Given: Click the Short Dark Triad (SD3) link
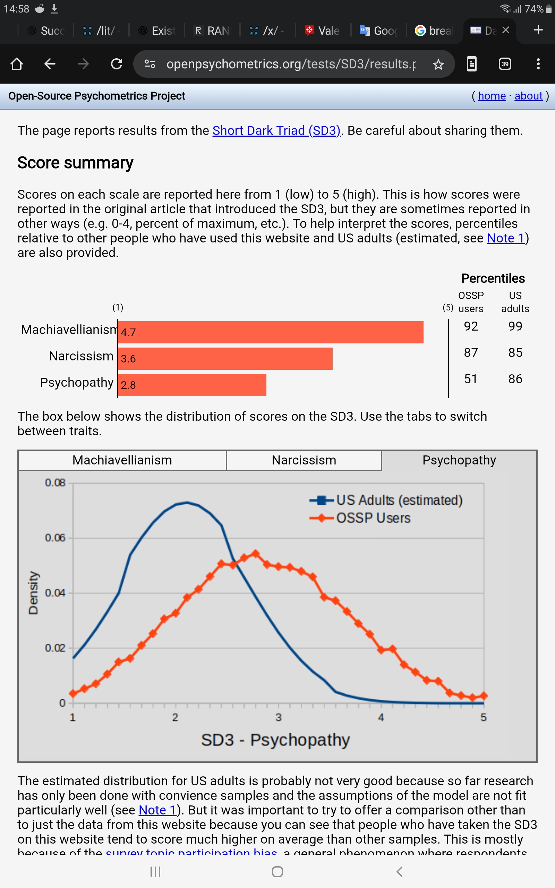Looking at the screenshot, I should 276,131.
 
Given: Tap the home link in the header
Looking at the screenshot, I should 492,96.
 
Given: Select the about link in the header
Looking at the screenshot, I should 528,96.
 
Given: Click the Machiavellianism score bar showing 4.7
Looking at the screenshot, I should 271,332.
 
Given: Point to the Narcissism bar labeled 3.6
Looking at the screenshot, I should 225,359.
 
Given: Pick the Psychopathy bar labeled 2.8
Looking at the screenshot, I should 192,385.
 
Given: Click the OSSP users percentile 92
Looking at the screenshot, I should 471,326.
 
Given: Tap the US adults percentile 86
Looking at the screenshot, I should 515,379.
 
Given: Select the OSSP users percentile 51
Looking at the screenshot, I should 471,379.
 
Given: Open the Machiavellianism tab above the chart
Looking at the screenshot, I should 122,460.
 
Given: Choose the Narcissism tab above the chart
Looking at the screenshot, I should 304,460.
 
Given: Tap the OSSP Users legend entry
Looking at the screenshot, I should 373,518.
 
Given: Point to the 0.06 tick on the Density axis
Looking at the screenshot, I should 55,538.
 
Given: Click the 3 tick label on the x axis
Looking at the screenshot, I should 279,717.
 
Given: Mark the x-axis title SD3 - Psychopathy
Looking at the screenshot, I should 275,740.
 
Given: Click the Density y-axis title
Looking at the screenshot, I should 33,592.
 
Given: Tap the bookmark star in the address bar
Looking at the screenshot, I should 438,65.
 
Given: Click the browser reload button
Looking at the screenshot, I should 116,64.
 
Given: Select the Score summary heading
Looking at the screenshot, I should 75,163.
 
